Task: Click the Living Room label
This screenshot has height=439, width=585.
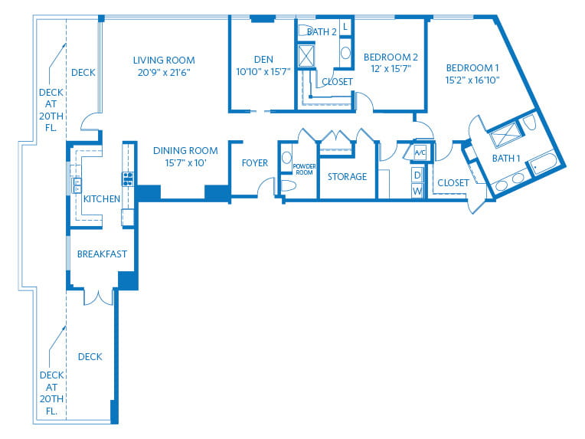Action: pyautogui.click(x=164, y=60)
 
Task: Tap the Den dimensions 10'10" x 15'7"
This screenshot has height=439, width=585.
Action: pyautogui.click(x=263, y=72)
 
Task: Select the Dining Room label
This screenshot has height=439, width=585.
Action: pyautogui.click(x=185, y=150)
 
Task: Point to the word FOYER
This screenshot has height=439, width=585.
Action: pyautogui.click(x=255, y=163)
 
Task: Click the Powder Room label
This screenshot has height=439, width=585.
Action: pyautogui.click(x=304, y=169)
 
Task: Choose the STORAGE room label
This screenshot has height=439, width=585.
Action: pyautogui.click(x=348, y=176)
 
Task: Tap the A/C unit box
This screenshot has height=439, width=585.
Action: pyautogui.click(x=420, y=152)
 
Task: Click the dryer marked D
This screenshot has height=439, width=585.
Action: pyautogui.click(x=417, y=175)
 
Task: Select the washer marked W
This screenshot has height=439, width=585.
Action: pyautogui.click(x=417, y=191)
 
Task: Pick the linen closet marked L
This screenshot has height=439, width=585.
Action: pyautogui.click(x=345, y=27)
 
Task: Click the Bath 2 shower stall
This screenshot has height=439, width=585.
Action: pyautogui.click(x=306, y=56)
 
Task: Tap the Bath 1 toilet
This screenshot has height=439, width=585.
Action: pyautogui.click(x=528, y=122)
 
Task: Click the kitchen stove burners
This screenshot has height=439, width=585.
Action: pyautogui.click(x=128, y=179)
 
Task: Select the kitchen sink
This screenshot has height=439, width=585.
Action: pyautogui.click(x=77, y=185)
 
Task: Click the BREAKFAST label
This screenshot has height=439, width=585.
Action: pyautogui.click(x=102, y=254)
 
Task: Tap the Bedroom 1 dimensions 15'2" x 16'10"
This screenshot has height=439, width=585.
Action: pyautogui.click(x=472, y=80)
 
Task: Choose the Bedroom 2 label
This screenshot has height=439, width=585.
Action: pyautogui.click(x=391, y=57)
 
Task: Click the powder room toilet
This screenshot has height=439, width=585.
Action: pyautogui.click(x=288, y=185)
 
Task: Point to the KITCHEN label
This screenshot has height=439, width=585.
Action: pyautogui.click(x=102, y=199)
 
